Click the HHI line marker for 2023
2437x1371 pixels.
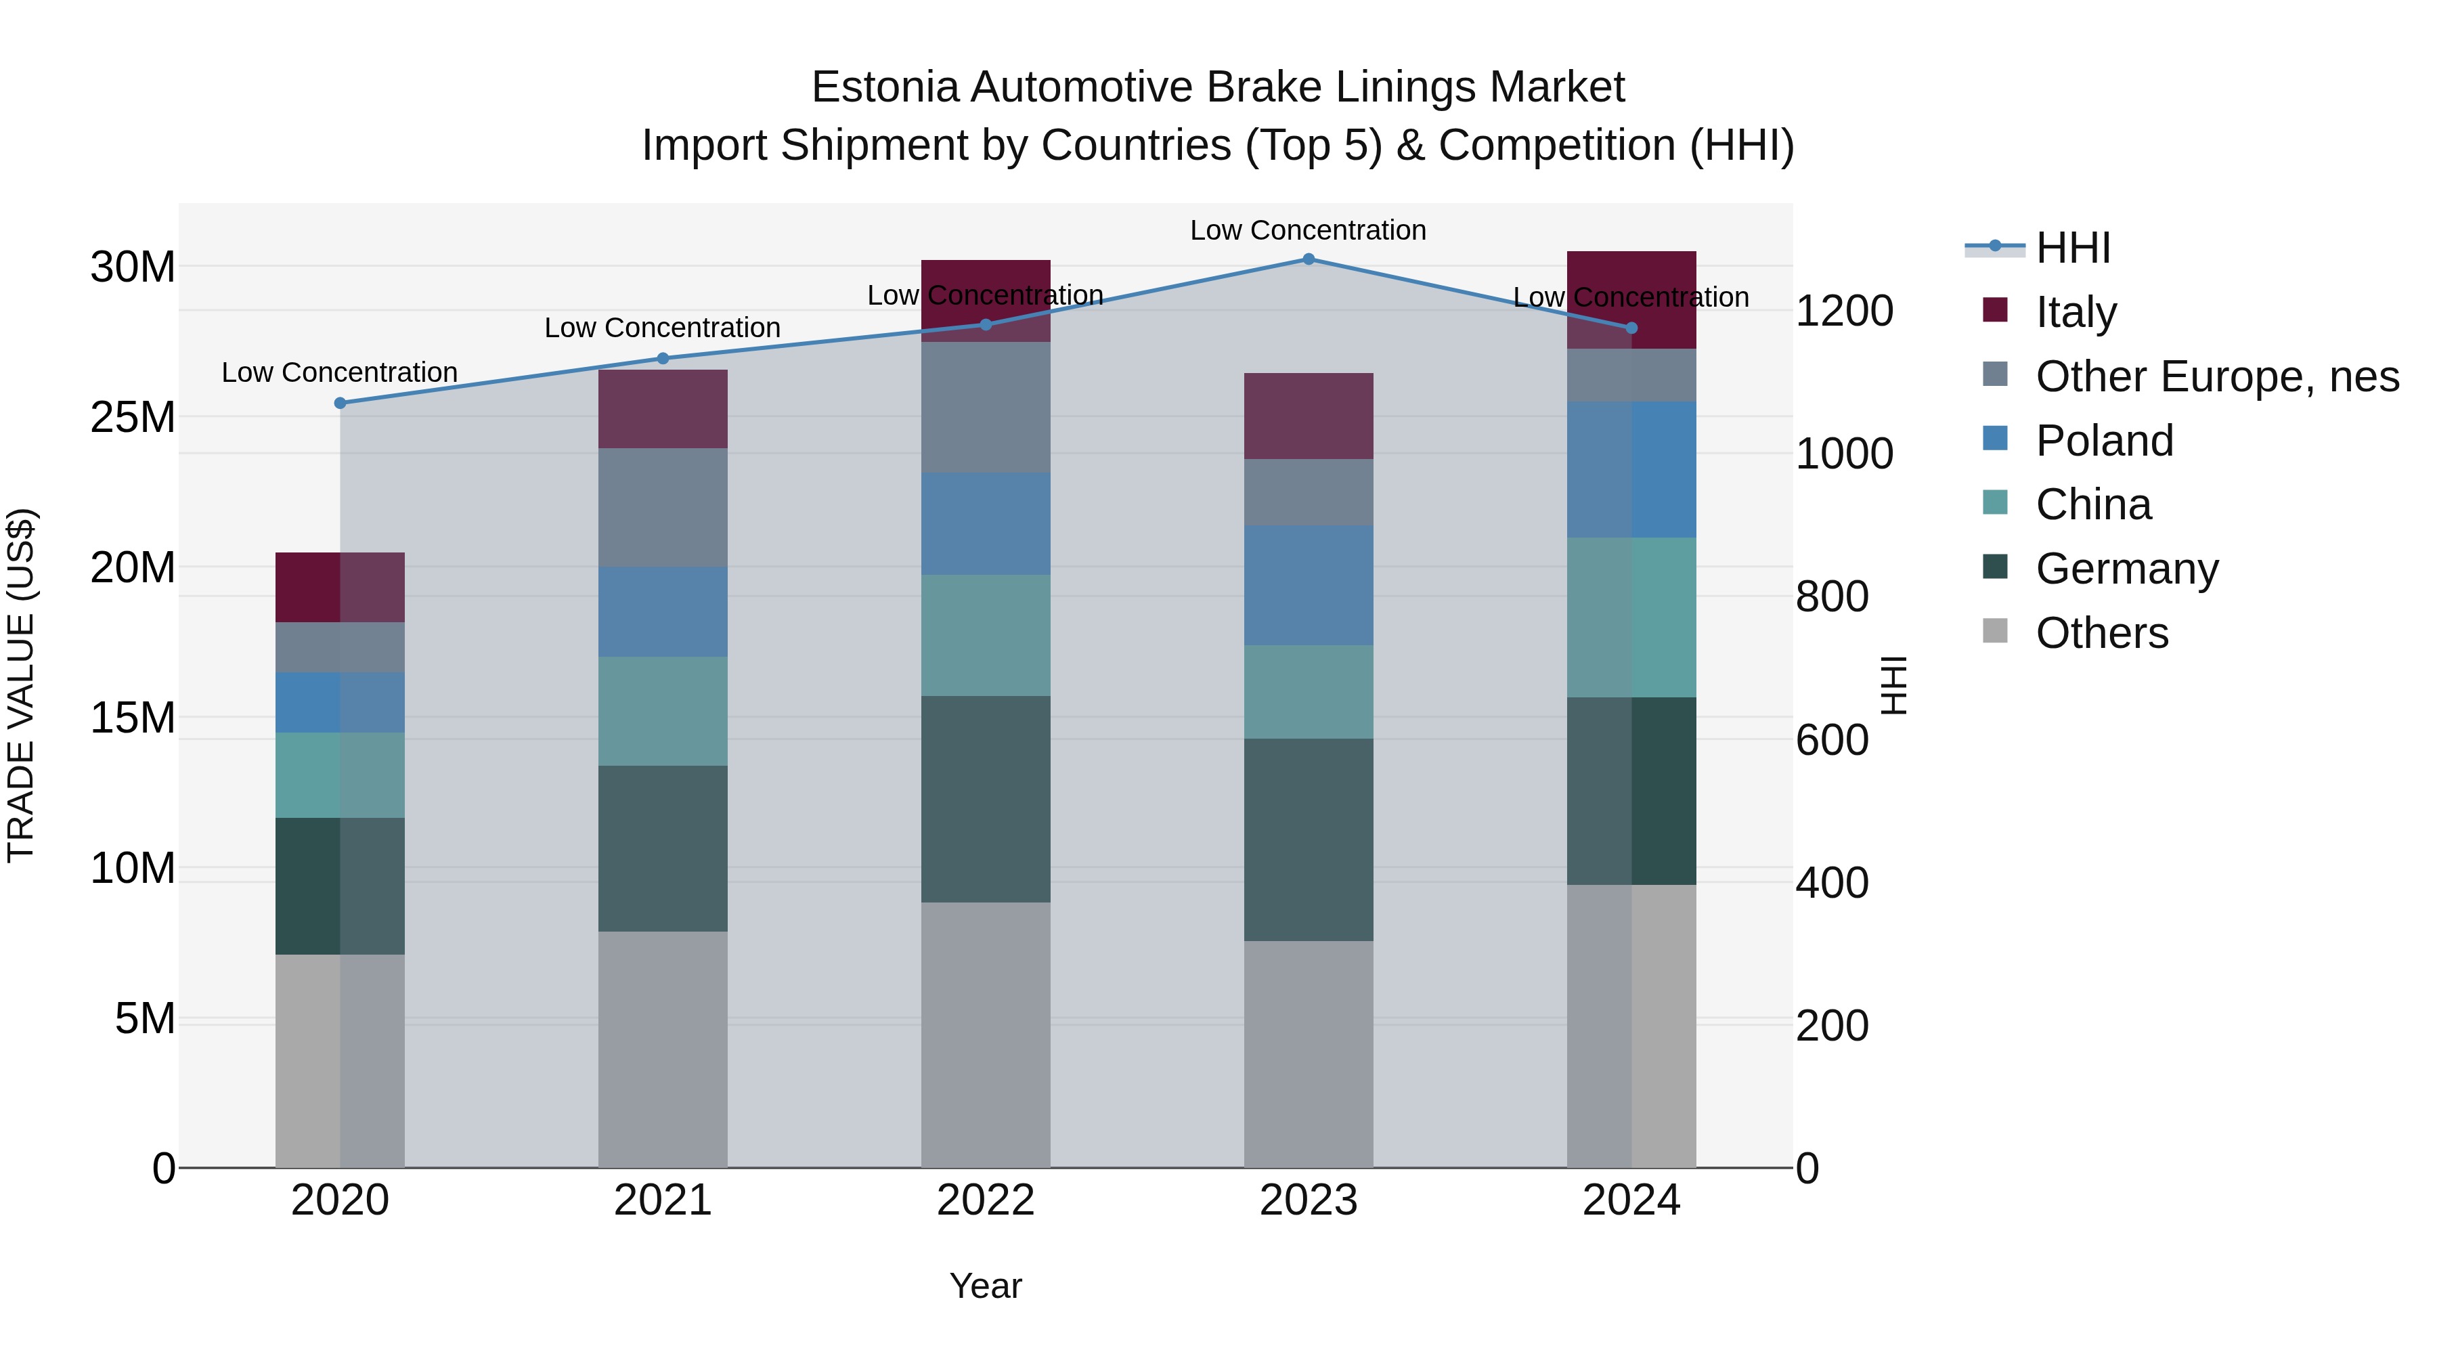[1309, 259]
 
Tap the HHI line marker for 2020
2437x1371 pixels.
[340, 403]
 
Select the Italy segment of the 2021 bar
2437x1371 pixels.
[662, 409]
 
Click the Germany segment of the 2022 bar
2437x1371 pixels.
[985, 799]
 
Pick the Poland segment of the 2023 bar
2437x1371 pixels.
[1309, 585]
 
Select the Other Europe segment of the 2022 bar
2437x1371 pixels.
[985, 407]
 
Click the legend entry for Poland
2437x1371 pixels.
[2103, 441]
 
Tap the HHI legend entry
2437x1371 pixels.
[2072, 248]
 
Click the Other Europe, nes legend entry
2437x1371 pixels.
[2216, 376]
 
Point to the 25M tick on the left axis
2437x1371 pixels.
[133, 417]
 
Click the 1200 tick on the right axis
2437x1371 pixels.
[1844, 311]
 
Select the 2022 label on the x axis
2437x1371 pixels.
[985, 1200]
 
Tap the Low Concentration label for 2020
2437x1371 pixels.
[340, 373]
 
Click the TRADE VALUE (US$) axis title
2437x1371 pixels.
[21, 685]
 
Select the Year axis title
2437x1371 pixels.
[985, 1286]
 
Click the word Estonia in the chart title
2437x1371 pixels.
[883, 87]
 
